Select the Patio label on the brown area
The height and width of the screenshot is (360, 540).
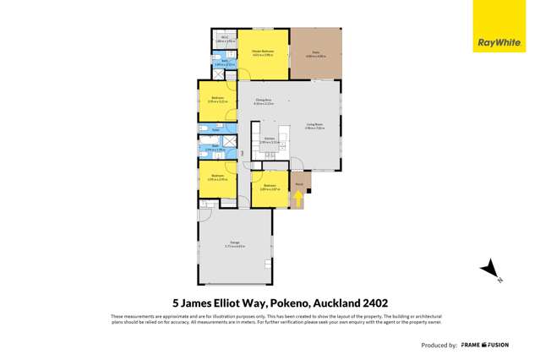316,52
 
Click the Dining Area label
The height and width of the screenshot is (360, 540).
263,101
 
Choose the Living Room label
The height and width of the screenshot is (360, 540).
315,127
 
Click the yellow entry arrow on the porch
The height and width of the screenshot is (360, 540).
298,199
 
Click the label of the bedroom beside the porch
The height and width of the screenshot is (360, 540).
270,187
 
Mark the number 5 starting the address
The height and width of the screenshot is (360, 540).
176,302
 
